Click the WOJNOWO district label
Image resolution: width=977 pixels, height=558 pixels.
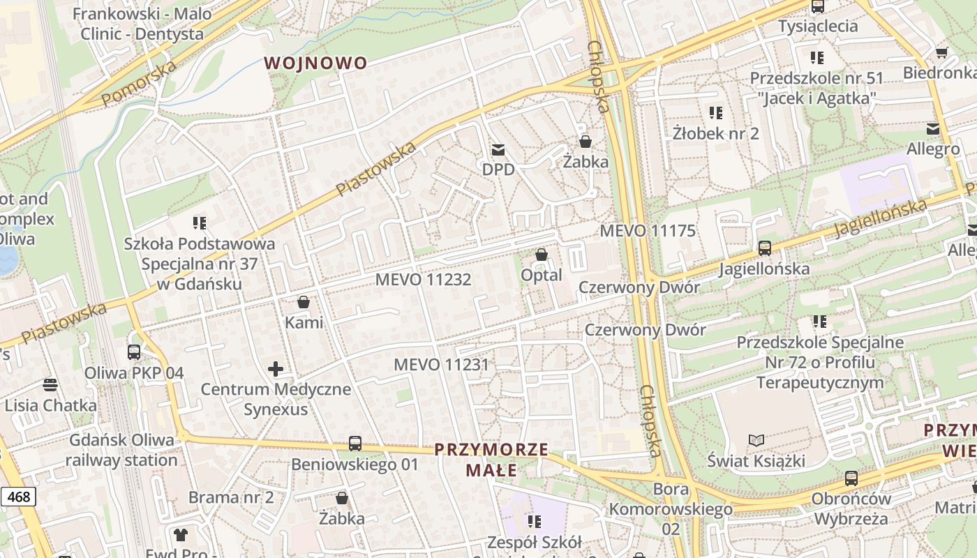pyautogui.click(x=315, y=63)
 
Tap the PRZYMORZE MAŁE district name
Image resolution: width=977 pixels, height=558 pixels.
pyautogui.click(x=491, y=460)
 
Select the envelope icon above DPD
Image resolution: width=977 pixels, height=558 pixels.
pyautogui.click(x=498, y=149)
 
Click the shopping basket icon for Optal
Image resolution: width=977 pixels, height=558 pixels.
pyautogui.click(x=541, y=255)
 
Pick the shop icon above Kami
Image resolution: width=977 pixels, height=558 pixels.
pyautogui.click(x=303, y=302)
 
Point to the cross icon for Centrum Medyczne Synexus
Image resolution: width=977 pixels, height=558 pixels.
pyautogui.click(x=276, y=368)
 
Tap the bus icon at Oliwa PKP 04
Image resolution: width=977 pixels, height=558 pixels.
pyautogui.click(x=133, y=352)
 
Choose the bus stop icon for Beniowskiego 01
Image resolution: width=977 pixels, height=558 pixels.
pyautogui.click(x=355, y=444)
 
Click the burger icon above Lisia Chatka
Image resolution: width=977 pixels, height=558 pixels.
pyautogui.click(x=50, y=384)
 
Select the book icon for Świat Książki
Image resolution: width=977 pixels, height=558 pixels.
pyautogui.click(x=756, y=440)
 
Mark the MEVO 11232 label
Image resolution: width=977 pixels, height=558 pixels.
pyautogui.click(x=423, y=280)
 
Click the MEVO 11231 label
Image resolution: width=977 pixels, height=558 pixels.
pyautogui.click(x=441, y=365)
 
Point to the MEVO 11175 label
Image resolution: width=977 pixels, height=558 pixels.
pyautogui.click(x=648, y=231)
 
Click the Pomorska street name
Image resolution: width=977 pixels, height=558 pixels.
pyautogui.click(x=139, y=84)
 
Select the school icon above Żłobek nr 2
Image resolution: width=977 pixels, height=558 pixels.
pyautogui.click(x=715, y=112)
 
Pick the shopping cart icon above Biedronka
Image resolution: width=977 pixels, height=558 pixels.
pyautogui.click(x=941, y=52)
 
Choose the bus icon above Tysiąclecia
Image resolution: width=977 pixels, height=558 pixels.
pyautogui.click(x=817, y=6)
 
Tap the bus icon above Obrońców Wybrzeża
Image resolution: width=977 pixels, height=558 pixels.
pyautogui.click(x=851, y=478)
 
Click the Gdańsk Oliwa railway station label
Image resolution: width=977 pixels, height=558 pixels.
pyautogui.click(x=121, y=450)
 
